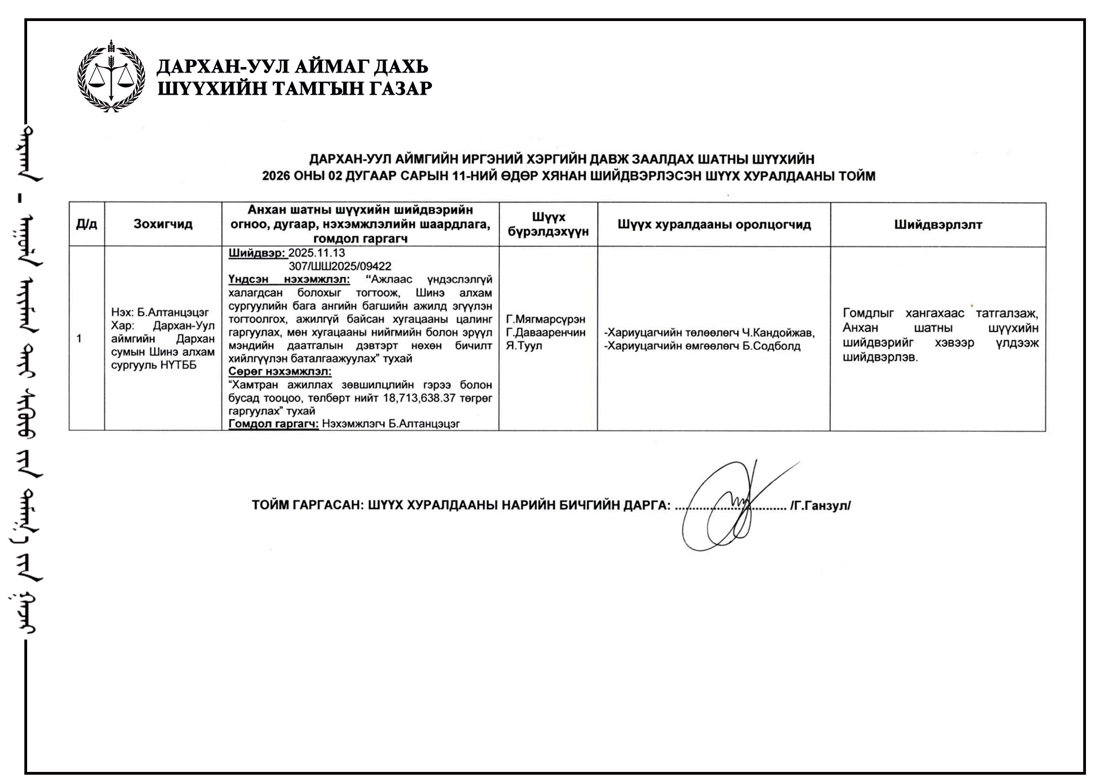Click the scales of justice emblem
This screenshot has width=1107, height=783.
[111, 76]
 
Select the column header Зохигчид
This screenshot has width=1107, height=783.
[163, 224]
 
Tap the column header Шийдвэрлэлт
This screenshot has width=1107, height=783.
[938, 224]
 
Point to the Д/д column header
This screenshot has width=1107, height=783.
[86, 224]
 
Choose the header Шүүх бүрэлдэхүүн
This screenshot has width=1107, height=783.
[548, 224]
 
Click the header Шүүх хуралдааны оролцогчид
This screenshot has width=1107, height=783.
[714, 224]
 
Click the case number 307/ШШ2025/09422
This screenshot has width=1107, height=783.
[340, 266]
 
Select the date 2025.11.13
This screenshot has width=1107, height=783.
[317, 253]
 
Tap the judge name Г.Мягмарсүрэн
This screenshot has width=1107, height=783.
[545, 320]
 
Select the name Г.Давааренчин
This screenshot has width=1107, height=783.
[545, 333]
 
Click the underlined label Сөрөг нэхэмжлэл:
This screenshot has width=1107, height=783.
[280, 372]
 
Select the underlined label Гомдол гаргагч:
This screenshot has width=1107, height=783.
[273, 424]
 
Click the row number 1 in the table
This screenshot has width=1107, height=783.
[79, 339]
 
